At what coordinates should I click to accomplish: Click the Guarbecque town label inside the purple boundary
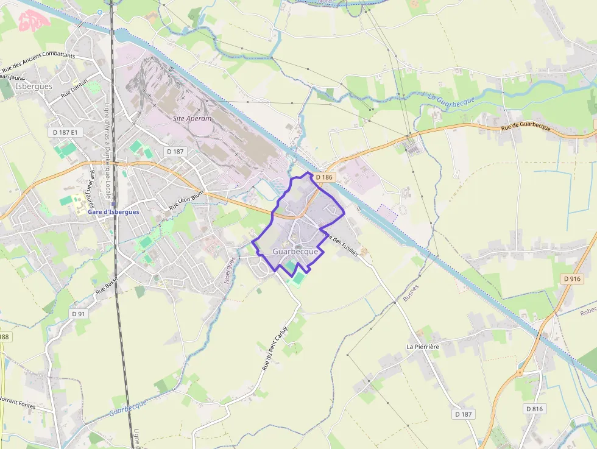[295, 251]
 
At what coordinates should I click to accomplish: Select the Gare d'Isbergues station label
[113, 212]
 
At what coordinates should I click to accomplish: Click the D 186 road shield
[324, 177]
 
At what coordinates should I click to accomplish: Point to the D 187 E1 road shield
[65, 132]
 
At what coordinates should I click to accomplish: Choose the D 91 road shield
[78, 314]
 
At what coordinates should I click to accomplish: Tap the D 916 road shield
[571, 278]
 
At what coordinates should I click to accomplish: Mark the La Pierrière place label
[423, 347]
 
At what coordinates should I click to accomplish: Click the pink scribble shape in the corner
[34, 21]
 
